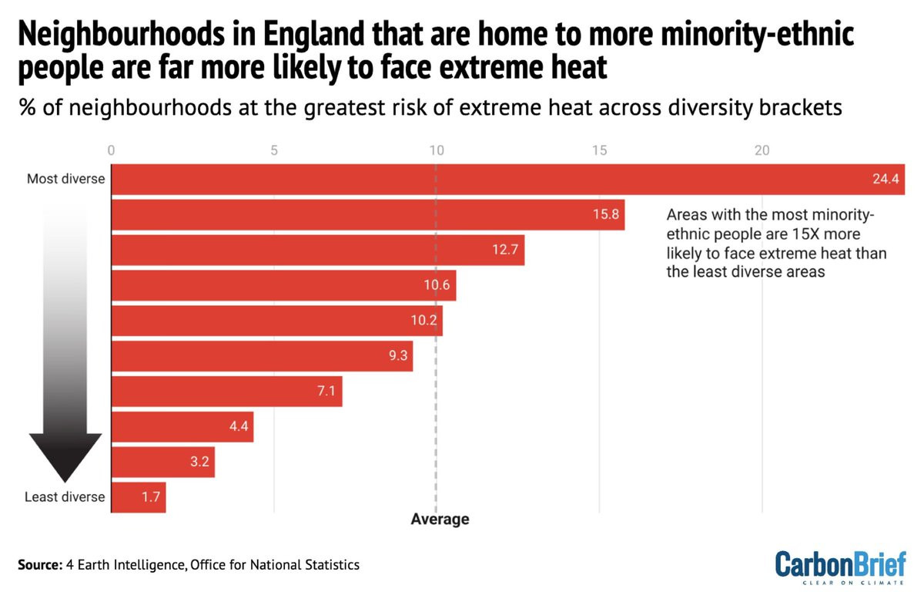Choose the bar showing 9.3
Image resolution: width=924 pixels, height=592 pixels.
pyautogui.click(x=262, y=356)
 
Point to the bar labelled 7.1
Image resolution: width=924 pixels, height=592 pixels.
pyautogui.click(x=227, y=392)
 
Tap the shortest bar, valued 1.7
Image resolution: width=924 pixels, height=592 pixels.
pyautogui.click(x=139, y=497)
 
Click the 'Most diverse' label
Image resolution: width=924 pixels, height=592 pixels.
pyautogui.click(x=65, y=179)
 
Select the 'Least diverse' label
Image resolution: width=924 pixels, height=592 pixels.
pyautogui.click(x=65, y=497)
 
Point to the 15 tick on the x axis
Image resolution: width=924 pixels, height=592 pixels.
pyautogui.click(x=599, y=151)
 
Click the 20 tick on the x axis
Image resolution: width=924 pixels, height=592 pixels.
pyautogui.click(x=762, y=151)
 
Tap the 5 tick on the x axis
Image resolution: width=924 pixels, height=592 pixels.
pyautogui.click(x=274, y=151)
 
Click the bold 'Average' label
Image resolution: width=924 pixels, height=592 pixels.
pyautogui.click(x=440, y=520)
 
